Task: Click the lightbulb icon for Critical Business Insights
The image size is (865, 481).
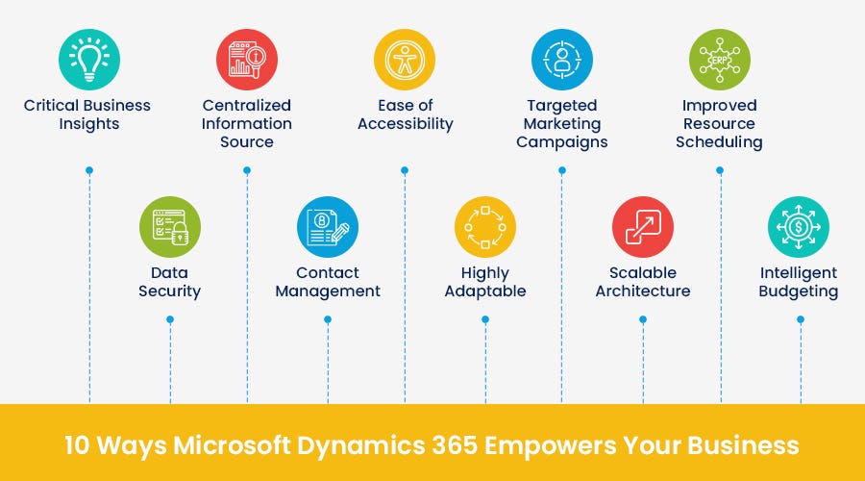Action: (x=89, y=60)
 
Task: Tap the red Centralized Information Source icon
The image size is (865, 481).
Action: (x=247, y=60)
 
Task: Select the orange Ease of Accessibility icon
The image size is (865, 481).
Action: (x=405, y=60)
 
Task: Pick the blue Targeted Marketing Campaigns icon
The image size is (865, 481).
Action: (x=562, y=60)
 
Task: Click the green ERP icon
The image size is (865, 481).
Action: (x=720, y=60)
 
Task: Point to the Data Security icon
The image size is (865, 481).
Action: (x=170, y=228)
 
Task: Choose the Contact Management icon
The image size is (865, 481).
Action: (x=328, y=228)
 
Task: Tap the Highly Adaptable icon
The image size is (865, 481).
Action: (x=485, y=228)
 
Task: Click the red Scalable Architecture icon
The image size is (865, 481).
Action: (x=643, y=228)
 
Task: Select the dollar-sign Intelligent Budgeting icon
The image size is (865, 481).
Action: (x=799, y=228)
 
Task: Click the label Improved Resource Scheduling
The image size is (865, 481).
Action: (x=720, y=123)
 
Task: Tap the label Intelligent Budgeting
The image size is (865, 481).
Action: (x=799, y=282)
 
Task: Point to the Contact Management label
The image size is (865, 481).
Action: (x=328, y=282)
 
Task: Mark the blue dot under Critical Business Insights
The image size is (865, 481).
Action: (x=89, y=170)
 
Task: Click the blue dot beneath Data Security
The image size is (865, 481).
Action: (x=170, y=319)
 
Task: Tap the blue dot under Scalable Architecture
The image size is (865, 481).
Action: (x=643, y=319)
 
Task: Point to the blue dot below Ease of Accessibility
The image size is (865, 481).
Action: (x=405, y=170)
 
